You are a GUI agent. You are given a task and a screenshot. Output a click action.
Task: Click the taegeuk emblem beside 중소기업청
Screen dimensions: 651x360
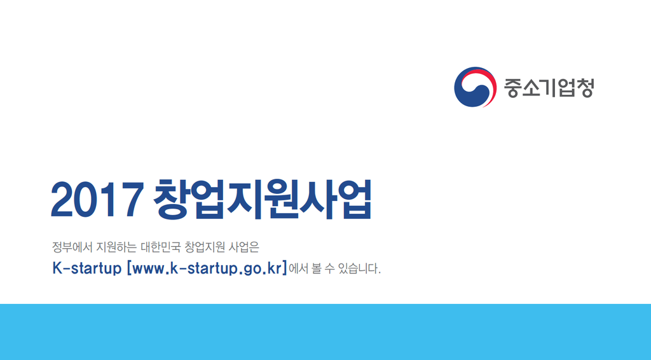(475, 87)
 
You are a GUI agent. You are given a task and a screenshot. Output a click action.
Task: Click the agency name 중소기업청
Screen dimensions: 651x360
(549, 88)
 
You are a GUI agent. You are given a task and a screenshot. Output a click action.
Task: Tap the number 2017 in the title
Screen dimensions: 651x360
(97, 200)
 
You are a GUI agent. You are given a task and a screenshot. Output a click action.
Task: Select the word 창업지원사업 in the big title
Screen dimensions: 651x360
(263, 199)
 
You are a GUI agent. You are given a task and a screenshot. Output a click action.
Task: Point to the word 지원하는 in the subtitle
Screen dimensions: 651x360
(116, 247)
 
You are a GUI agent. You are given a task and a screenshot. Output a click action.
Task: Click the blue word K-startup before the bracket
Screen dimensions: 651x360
(86, 268)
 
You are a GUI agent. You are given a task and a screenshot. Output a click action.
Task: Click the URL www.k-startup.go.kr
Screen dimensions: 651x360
(207, 268)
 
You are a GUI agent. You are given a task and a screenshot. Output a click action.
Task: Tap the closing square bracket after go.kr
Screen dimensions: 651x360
(285, 268)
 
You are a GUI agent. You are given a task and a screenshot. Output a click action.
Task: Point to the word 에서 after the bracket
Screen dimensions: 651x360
(299, 268)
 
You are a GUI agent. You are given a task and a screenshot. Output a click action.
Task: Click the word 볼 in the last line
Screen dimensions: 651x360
(317, 268)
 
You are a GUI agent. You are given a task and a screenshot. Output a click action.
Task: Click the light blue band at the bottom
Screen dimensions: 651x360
(325, 332)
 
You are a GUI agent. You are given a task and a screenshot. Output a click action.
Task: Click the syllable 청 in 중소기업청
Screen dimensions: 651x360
(585, 88)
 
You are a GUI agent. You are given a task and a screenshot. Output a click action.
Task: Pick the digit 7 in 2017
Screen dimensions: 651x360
(132, 200)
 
